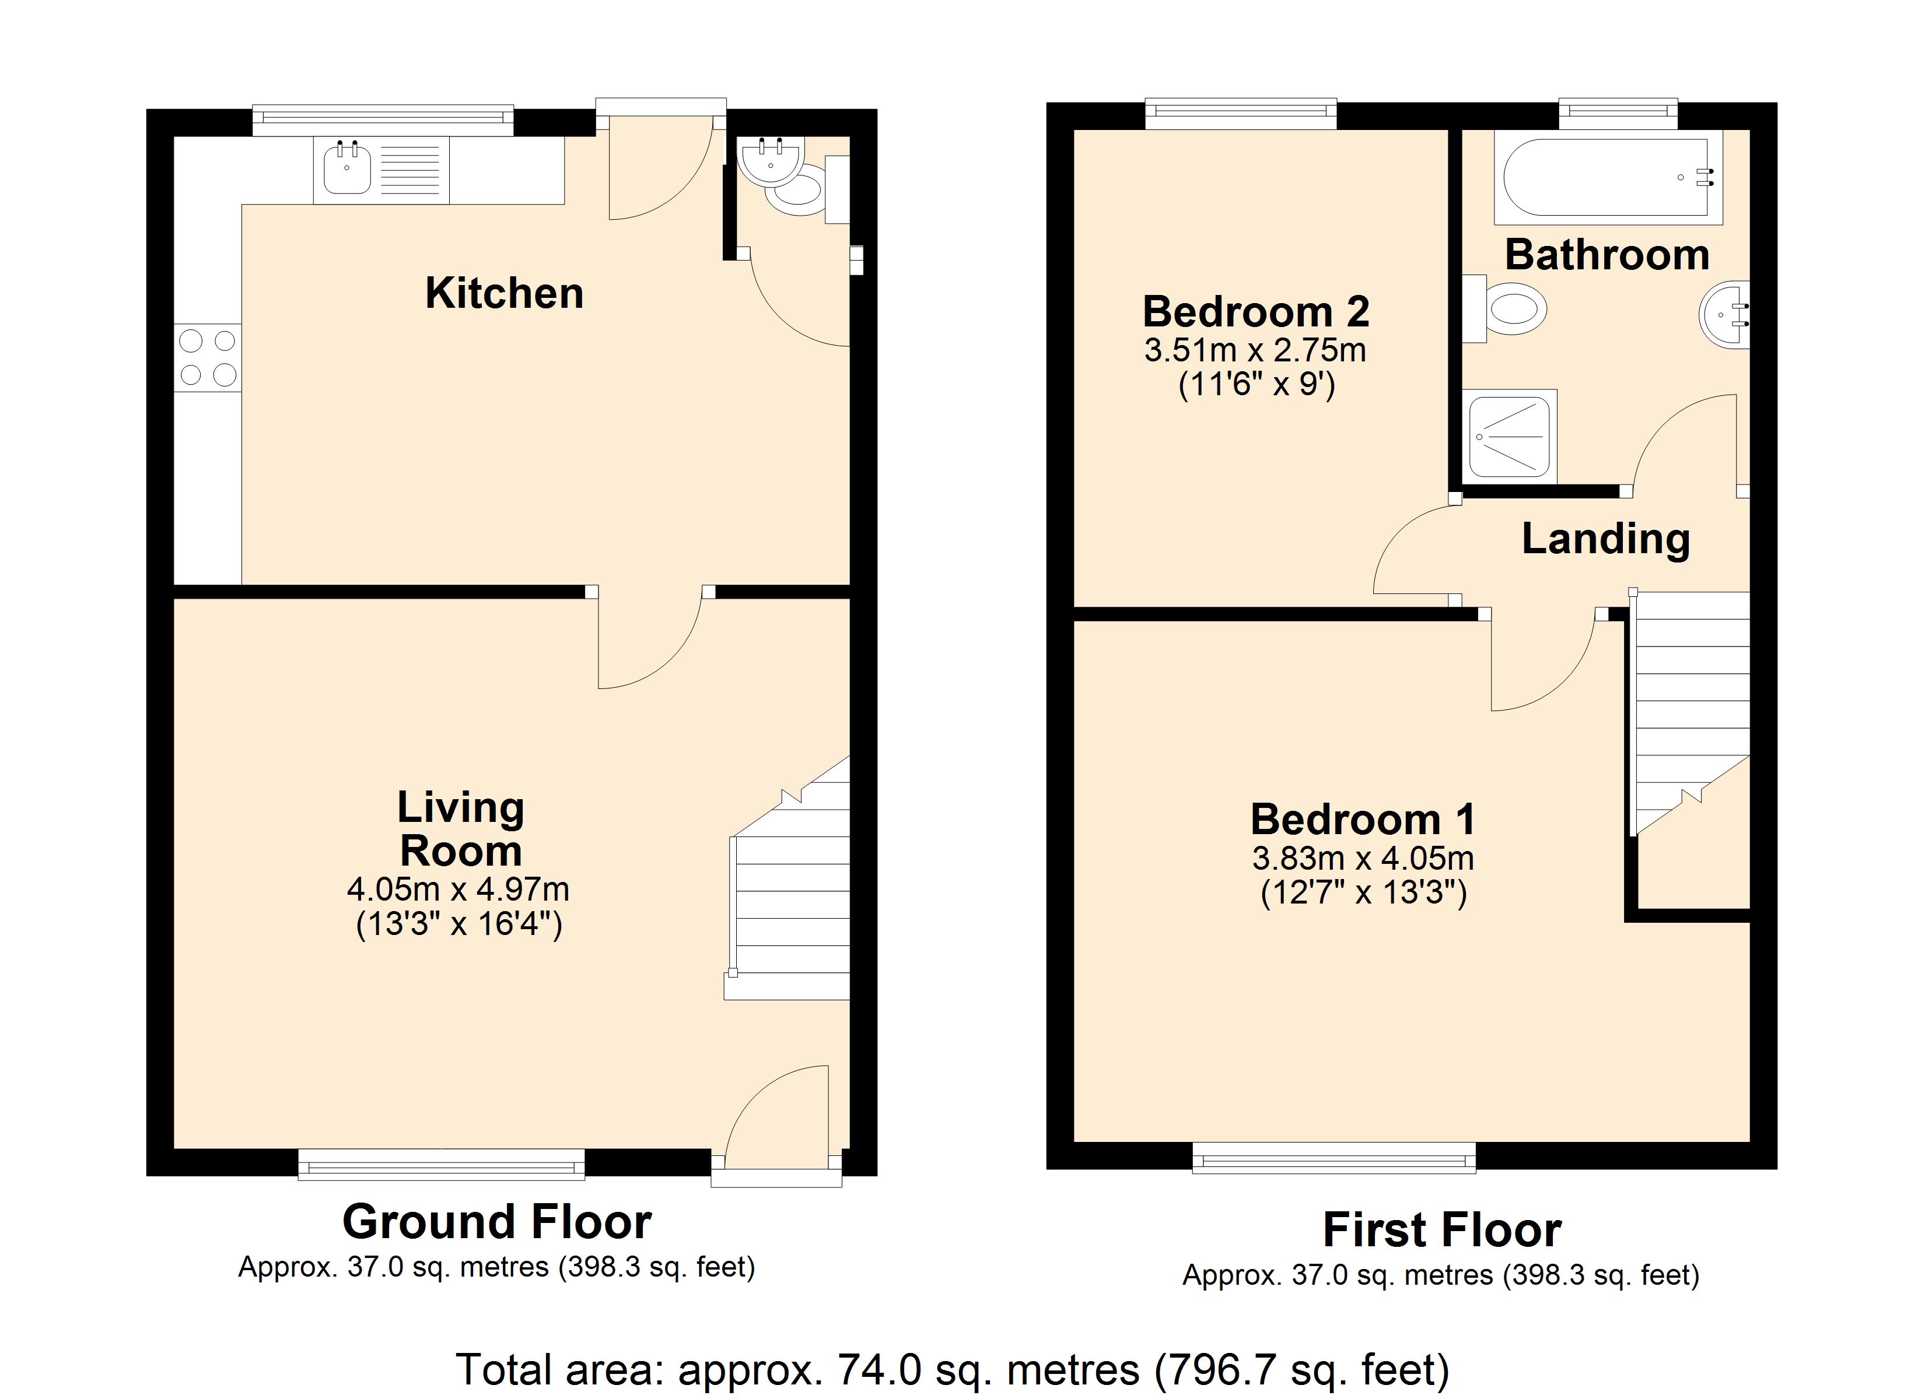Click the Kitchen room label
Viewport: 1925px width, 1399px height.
(504, 294)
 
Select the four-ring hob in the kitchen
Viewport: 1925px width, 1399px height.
(208, 358)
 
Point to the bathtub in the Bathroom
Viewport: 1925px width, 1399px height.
(1608, 177)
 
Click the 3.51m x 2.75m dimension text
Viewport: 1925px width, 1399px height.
(1255, 350)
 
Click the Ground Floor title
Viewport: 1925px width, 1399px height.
(498, 1222)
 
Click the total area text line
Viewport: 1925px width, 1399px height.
(953, 1370)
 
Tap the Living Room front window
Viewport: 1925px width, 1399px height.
(442, 1164)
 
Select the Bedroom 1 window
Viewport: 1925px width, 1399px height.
(1334, 1157)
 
